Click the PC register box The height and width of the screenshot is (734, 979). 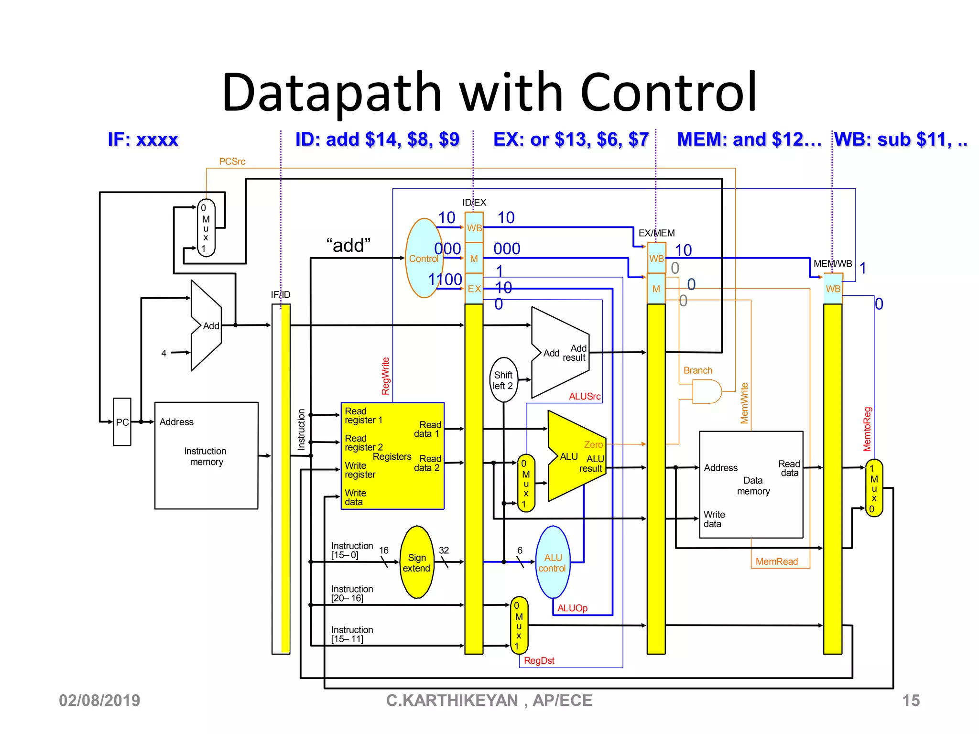click(122, 422)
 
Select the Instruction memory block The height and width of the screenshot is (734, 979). click(206, 456)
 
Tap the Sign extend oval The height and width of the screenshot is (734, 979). click(417, 562)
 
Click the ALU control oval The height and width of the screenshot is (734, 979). click(553, 562)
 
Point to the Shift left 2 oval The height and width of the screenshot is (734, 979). click(503, 380)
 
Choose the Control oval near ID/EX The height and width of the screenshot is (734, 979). click(423, 259)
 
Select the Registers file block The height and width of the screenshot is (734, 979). click(392, 456)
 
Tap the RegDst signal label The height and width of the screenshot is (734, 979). click(539, 660)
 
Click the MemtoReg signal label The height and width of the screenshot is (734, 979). click(867, 429)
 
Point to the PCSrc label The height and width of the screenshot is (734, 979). click(232, 162)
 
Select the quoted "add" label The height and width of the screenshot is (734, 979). click(348, 246)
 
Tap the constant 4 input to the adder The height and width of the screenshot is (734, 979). click(164, 353)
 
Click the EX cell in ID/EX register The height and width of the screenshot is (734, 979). click(474, 289)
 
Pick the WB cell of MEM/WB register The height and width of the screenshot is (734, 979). click(833, 289)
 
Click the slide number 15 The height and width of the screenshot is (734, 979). click(911, 701)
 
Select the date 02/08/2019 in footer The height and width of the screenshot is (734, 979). click(99, 701)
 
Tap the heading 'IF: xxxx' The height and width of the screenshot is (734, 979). click(143, 140)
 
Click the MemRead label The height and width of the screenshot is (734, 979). click(776, 561)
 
